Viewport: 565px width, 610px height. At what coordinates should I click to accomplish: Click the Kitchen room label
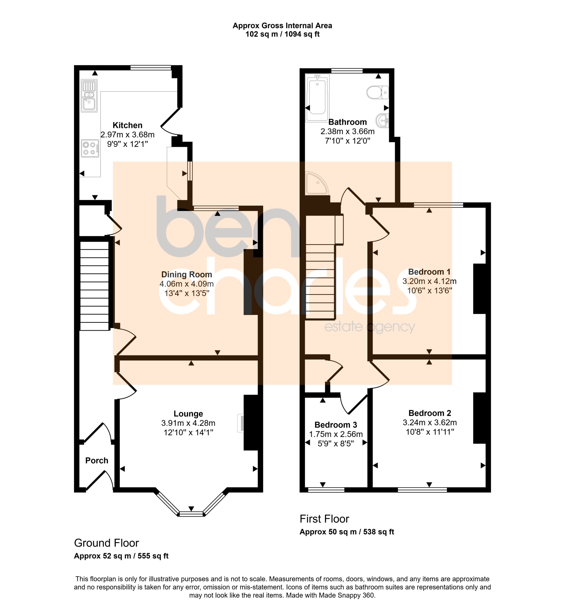[x=127, y=125]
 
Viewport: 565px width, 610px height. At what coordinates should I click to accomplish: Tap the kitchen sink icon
[x=89, y=96]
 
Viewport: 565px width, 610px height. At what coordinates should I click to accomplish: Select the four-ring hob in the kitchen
[x=90, y=148]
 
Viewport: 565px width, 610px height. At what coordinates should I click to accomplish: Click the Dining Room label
[x=187, y=274]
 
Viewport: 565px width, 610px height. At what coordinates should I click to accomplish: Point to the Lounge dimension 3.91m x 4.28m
[x=188, y=423]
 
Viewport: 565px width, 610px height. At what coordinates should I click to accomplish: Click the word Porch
[x=97, y=460]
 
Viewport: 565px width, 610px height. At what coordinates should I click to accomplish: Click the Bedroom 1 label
[x=429, y=272]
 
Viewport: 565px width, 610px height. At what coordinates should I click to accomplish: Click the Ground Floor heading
[x=106, y=543]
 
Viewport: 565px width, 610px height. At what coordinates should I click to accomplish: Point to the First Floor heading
[x=324, y=519]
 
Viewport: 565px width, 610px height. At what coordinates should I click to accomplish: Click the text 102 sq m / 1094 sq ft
[x=282, y=34]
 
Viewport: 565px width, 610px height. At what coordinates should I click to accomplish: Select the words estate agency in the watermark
[x=370, y=327]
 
